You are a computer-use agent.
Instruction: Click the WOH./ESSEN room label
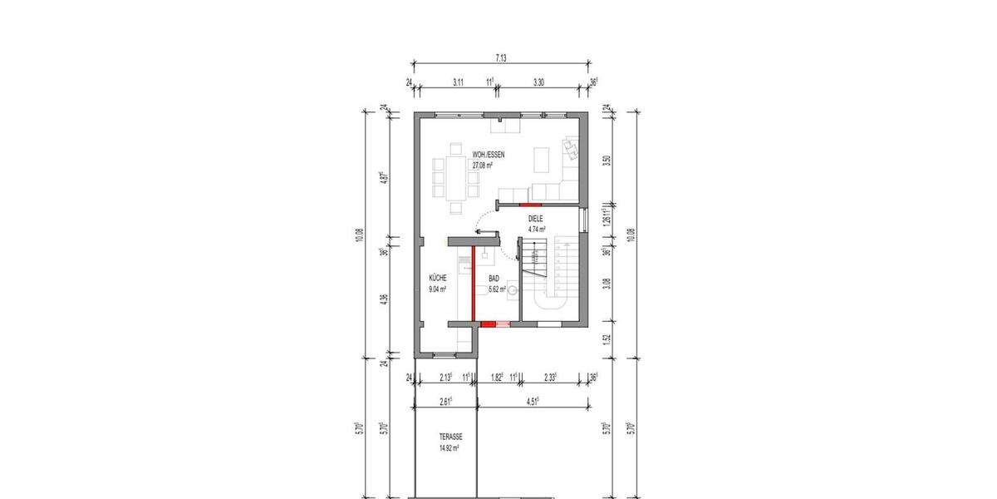[489, 155]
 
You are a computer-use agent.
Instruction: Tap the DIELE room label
[537, 219]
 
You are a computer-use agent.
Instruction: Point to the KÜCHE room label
[439, 279]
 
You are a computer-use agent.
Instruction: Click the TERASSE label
[452, 437]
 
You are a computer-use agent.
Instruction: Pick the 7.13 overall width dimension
[501, 58]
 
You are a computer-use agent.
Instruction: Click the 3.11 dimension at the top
[458, 83]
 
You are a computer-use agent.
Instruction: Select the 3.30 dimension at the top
[538, 83]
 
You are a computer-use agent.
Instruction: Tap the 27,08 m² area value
[483, 166]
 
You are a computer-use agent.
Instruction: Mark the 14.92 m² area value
[449, 447]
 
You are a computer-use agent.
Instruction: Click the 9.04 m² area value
[438, 289]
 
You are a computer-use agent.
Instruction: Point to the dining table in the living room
[454, 175]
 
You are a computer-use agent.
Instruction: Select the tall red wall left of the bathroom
[474, 283]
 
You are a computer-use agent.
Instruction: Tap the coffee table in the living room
[541, 156]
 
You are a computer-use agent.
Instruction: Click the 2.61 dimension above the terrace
[446, 402]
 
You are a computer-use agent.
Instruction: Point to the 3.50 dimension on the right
[609, 161]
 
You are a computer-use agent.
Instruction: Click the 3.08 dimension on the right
[609, 283]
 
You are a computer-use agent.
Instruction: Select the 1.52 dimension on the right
[609, 338]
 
